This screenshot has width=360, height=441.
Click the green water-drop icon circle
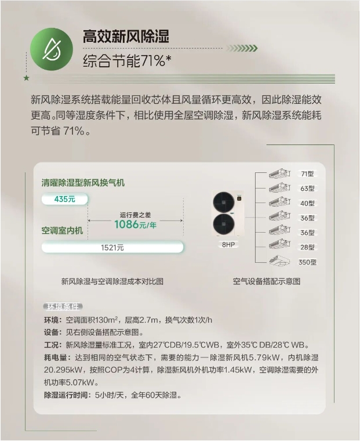point(52,49)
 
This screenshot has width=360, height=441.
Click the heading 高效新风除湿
point(126,37)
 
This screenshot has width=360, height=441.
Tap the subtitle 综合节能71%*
point(128,61)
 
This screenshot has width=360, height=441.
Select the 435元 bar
point(64,199)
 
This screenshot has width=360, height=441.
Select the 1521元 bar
point(112,248)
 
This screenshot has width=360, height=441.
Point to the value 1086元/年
point(135,225)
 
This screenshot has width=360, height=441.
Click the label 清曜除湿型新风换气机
point(83,183)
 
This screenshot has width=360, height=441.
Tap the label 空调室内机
point(62,230)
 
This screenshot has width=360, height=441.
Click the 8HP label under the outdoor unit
point(228,245)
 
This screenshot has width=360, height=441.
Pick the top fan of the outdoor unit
point(224,203)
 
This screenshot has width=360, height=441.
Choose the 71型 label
point(307,174)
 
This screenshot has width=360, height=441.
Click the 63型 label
point(307,189)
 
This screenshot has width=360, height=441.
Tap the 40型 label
point(307,203)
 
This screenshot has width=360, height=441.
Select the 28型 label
point(307,247)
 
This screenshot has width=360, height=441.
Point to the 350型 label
point(307,262)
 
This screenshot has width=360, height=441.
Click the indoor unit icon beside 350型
point(279,261)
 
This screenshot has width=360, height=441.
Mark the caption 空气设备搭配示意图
point(267,281)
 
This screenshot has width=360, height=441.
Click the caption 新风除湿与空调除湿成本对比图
point(112,281)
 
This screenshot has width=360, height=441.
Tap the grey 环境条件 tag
point(63,306)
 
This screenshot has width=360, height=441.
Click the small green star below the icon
point(27,78)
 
